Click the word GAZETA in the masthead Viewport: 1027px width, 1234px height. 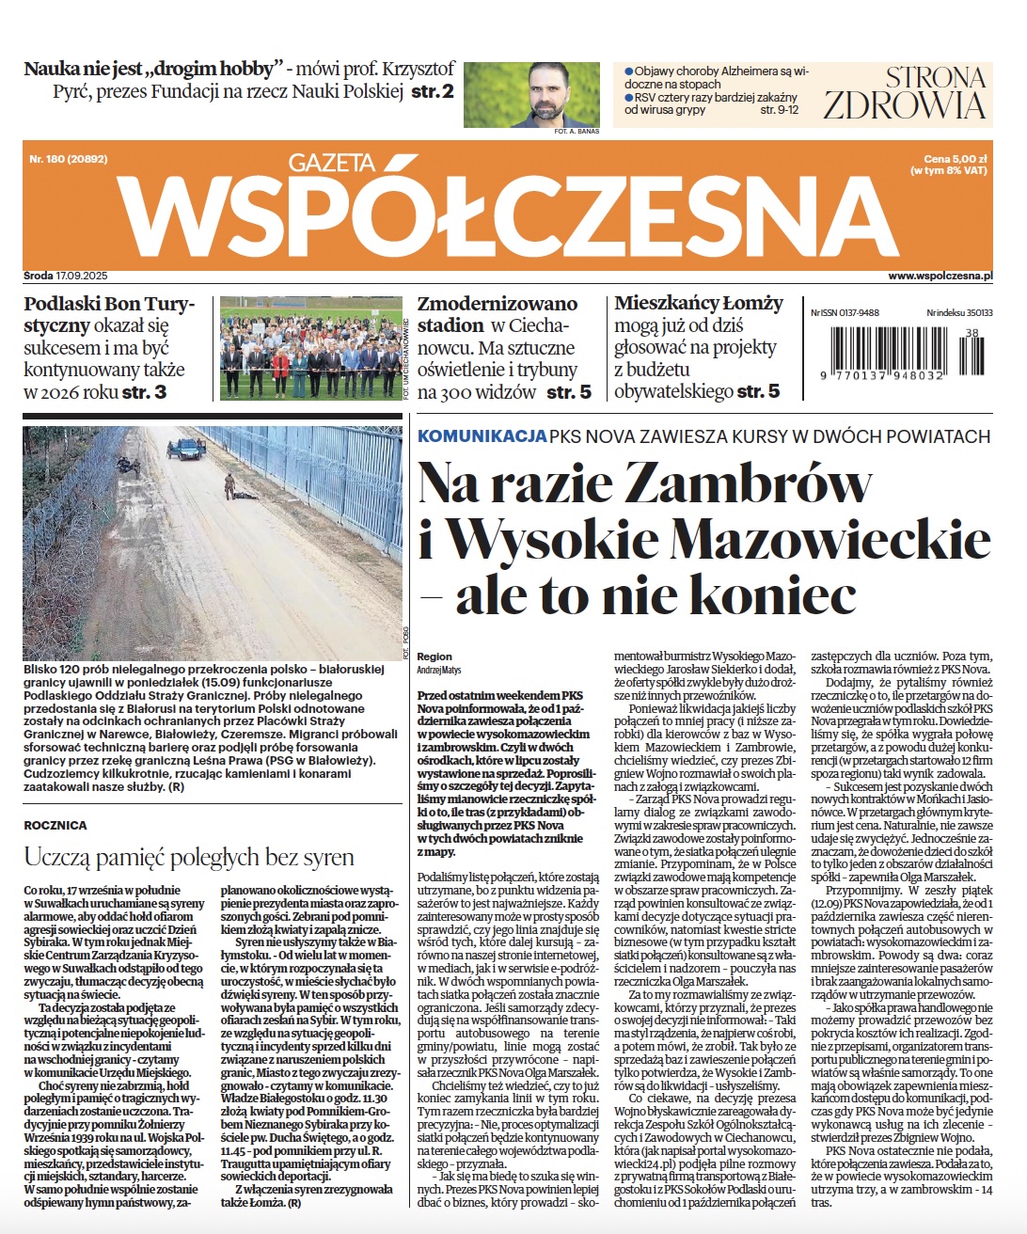point(331,163)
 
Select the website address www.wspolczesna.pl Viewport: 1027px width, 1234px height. point(940,277)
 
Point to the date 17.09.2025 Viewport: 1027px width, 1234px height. point(82,277)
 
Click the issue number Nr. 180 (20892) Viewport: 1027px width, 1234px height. point(68,160)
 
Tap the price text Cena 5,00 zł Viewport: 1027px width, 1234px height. point(955,160)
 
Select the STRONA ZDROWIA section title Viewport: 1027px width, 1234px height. point(905,92)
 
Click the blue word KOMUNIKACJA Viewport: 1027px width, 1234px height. point(482,436)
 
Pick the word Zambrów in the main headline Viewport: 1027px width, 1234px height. point(748,483)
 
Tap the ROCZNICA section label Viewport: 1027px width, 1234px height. point(55,825)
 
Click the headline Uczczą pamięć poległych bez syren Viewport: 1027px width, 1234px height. point(189,857)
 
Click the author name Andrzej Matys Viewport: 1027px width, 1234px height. point(439,670)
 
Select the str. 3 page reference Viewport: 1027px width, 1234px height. point(144,391)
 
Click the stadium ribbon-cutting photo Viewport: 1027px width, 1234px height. point(310,348)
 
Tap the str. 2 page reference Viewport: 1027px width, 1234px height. point(433,92)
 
